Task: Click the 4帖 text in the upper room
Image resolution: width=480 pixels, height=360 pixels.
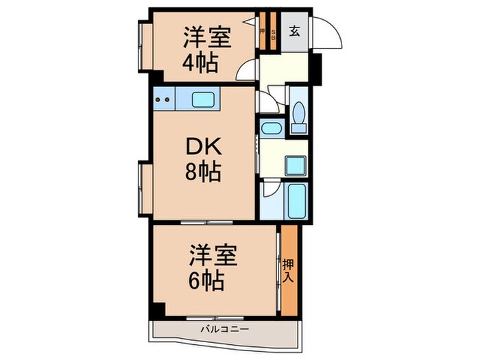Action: point(200,64)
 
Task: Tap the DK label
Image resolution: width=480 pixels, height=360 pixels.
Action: point(202,148)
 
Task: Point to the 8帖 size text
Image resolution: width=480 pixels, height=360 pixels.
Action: point(202,173)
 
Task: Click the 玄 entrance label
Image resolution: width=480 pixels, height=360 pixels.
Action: point(293,31)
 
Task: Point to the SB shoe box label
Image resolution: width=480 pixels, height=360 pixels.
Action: point(272,31)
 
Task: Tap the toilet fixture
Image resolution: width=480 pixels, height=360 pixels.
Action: point(298,116)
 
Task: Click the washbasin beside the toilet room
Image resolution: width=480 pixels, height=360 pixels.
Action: point(270,128)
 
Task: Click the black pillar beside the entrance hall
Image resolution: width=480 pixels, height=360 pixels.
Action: point(316,66)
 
